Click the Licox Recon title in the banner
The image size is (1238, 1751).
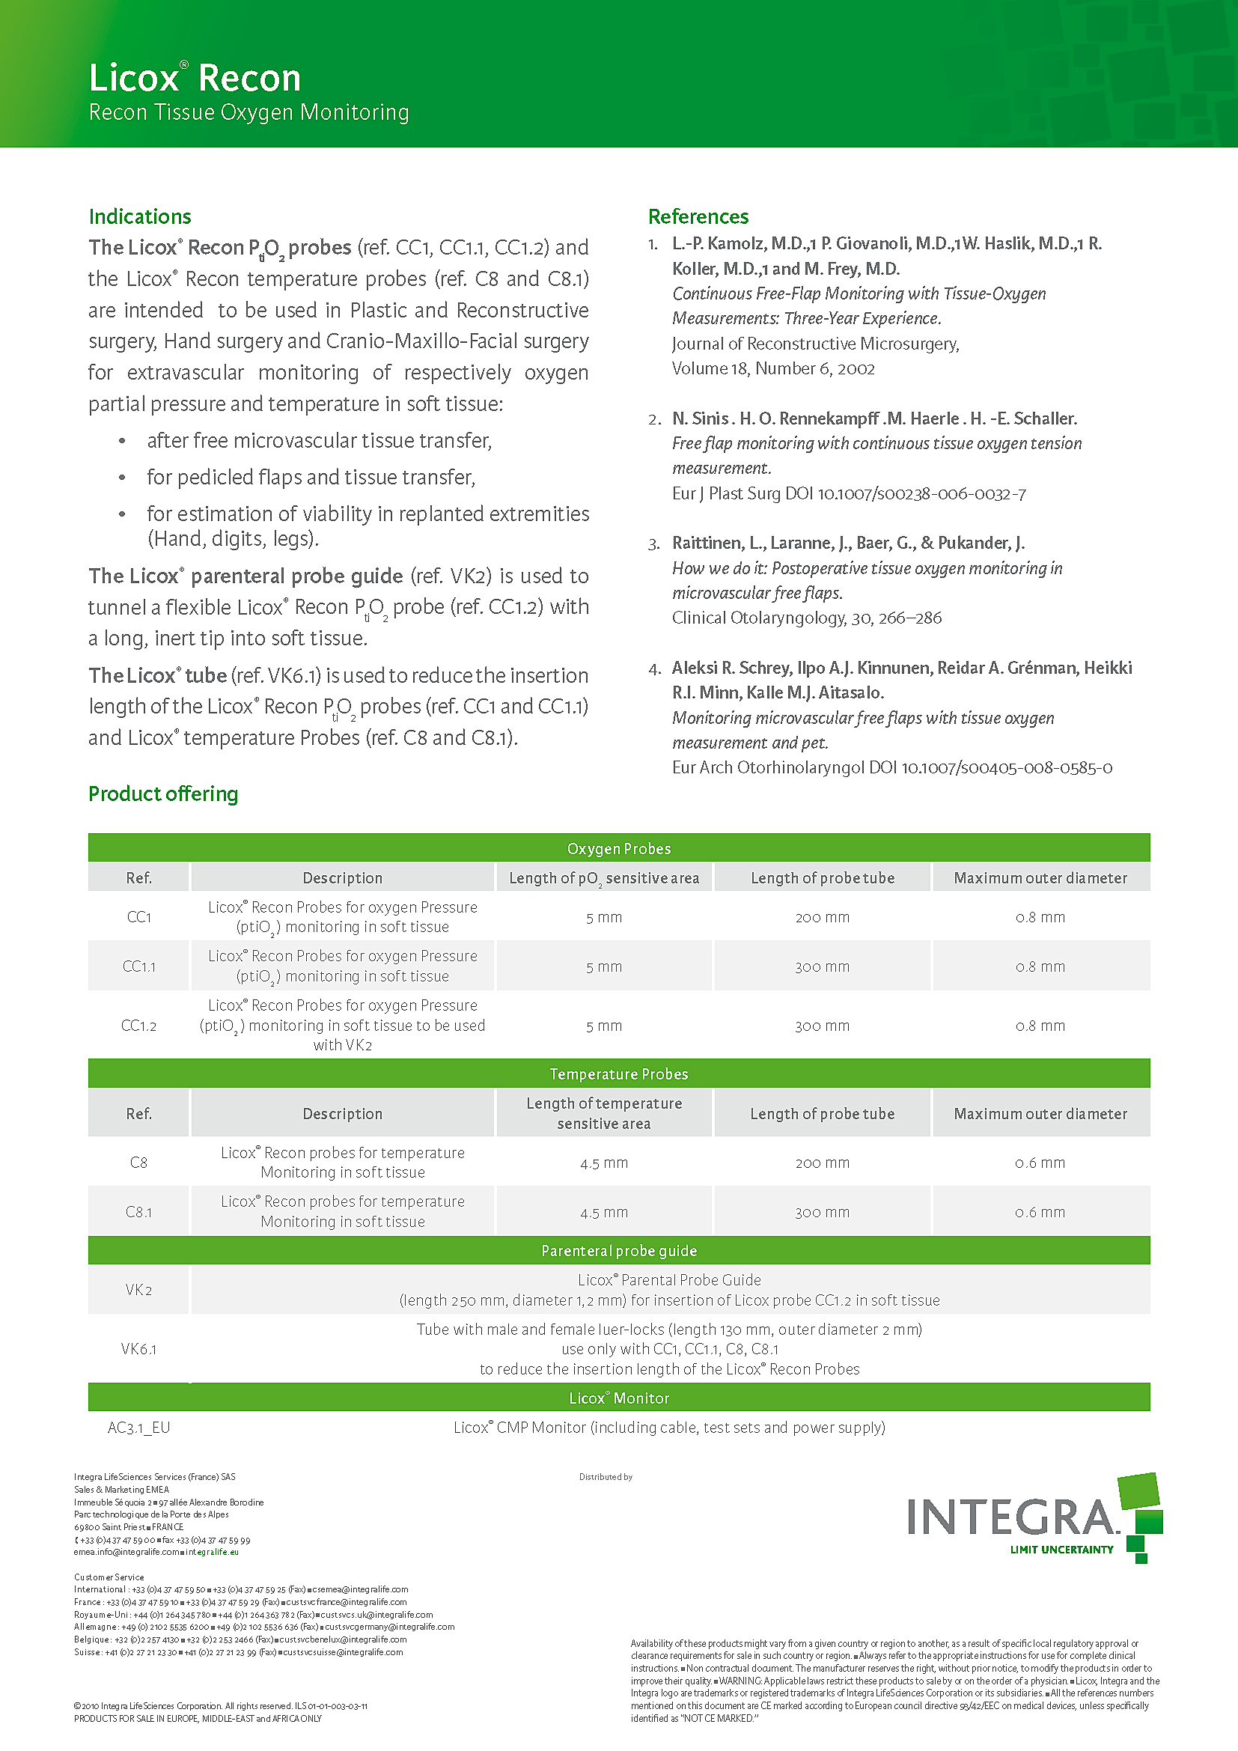click(x=195, y=79)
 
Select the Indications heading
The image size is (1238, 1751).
click(x=139, y=216)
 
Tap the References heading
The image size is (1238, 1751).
click(x=698, y=216)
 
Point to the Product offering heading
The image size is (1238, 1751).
click(x=163, y=794)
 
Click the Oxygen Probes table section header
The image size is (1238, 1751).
click(x=618, y=848)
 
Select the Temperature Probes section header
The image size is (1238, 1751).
click(x=618, y=1074)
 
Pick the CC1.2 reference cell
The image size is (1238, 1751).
click(x=138, y=1026)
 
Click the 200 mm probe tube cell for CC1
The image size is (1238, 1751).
click(x=822, y=918)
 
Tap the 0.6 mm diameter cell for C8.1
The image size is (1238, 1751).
click(x=1040, y=1212)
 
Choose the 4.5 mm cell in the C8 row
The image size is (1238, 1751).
click(x=604, y=1163)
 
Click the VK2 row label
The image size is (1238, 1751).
click(x=138, y=1290)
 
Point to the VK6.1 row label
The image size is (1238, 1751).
click(x=138, y=1349)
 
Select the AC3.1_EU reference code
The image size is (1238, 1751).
click(x=138, y=1428)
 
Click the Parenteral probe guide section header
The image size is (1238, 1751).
click(x=618, y=1251)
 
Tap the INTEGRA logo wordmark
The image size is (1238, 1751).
click(x=1012, y=1517)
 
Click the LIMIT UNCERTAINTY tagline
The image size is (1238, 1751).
click(x=1061, y=1550)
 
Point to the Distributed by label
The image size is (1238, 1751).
click(x=606, y=1477)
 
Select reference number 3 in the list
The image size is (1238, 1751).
click(x=654, y=543)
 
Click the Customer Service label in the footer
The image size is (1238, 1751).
click(x=109, y=1577)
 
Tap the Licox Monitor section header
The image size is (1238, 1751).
click(x=618, y=1398)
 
